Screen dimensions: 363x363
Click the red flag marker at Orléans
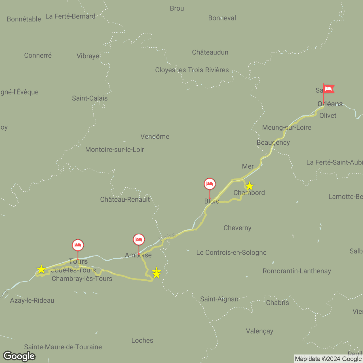tap(328, 89)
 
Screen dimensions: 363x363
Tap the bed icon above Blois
tap(210, 184)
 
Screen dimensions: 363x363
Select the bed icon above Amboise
tap(139, 240)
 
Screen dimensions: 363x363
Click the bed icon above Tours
tap(78, 245)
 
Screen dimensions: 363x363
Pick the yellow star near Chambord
tap(249, 186)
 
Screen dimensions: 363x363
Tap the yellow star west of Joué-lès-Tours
tap(41, 269)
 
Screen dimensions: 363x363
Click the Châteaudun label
tap(210, 52)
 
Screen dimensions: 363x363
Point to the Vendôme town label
tap(155, 136)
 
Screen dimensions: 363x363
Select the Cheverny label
tap(237, 228)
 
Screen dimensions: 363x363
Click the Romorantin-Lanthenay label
tap(297, 271)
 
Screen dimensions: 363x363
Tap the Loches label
tap(142, 340)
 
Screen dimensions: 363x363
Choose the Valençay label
tap(259, 331)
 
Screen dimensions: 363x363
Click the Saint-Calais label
tap(90, 98)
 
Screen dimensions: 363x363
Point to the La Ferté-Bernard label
tap(70, 16)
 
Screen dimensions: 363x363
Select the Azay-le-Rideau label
tap(32, 300)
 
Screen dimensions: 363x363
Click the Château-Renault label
tap(125, 199)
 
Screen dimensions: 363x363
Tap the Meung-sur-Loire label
tap(286, 127)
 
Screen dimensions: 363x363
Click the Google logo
tap(19, 356)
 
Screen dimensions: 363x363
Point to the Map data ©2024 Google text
tap(328, 359)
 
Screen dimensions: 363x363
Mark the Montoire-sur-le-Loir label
tap(115, 149)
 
